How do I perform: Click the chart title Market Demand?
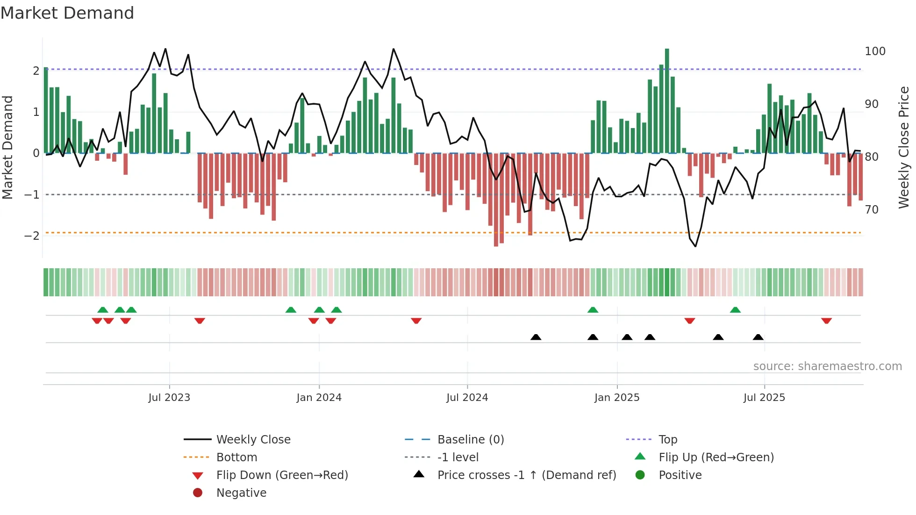[67, 13]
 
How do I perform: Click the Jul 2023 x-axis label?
[169, 398]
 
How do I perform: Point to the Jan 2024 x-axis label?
[319, 398]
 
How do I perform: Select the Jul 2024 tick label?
[467, 398]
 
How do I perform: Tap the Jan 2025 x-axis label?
[616, 398]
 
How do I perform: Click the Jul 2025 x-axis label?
[764, 398]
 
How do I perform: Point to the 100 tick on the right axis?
[875, 51]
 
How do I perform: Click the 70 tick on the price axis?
[872, 210]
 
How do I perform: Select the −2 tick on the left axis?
[32, 236]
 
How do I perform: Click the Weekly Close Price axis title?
[904, 147]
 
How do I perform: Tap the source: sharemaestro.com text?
[827, 366]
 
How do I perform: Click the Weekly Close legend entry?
[253, 440]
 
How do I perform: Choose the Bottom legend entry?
[236, 458]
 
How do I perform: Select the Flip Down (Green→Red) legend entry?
[282, 475]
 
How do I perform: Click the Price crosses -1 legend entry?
[526, 475]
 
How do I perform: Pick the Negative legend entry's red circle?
[198, 493]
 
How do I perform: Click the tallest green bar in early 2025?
[667, 100]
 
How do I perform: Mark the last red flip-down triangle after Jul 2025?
[826, 321]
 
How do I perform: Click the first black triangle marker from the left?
[536, 337]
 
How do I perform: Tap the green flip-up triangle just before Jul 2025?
[735, 310]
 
